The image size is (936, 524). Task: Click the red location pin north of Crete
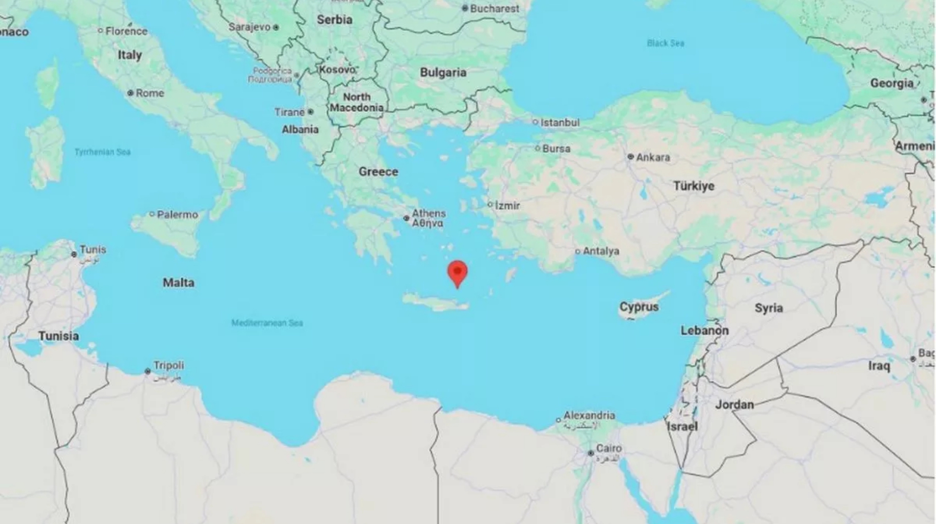(457, 272)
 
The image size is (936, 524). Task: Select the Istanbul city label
(560, 123)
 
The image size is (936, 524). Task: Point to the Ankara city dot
(630, 157)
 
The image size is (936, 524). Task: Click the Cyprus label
(639, 307)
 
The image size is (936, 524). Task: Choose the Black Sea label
(665, 43)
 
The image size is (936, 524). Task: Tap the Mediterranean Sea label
(267, 323)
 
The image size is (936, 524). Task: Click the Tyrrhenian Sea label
(102, 152)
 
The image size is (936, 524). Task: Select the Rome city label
(150, 93)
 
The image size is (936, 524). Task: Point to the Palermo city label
(177, 215)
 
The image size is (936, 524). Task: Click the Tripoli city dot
(147, 371)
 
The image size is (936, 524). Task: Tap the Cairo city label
(609, 448)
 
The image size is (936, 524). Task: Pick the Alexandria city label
(589, 415)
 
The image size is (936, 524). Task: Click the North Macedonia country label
(357, 102)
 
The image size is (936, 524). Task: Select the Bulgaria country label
(443, 73)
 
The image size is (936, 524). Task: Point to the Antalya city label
(601, 251)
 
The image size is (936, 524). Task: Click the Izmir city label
(507, 205)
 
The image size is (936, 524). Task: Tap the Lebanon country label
(704, 330)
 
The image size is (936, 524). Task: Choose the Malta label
(178, 283)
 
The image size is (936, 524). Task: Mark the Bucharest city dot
(465, 8)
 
